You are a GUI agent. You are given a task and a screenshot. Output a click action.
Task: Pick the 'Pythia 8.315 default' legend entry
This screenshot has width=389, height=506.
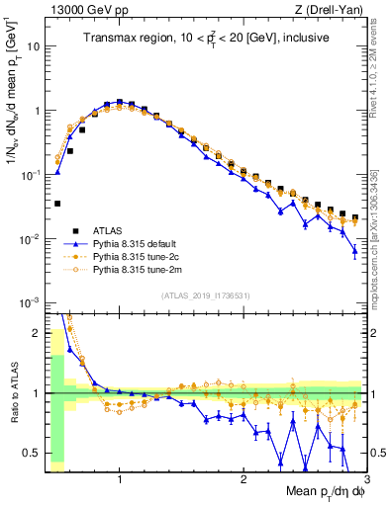point(149,241)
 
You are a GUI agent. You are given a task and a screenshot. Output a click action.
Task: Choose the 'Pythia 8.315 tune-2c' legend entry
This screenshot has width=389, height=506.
point(149,255)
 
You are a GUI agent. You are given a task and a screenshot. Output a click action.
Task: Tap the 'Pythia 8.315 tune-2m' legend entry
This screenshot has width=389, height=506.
point(149,269)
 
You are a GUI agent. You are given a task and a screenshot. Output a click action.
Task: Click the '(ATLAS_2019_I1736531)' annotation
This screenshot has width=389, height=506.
point(205,295)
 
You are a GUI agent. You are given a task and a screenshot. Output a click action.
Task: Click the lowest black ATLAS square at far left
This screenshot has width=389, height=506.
point(57,204)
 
